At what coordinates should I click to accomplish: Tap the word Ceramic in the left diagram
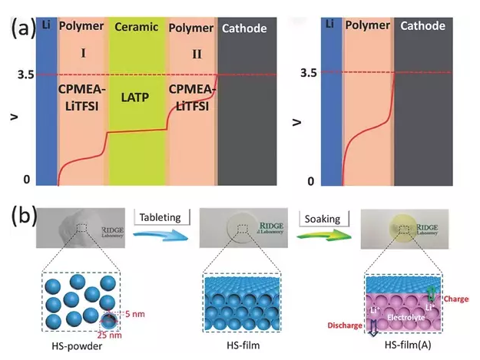pos(136,28)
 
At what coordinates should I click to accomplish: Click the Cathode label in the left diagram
pos(243,28)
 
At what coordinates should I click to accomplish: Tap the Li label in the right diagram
pos(329,25)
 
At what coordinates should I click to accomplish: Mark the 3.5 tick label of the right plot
pos(309,73)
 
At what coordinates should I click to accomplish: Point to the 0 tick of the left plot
pos(26,179)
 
